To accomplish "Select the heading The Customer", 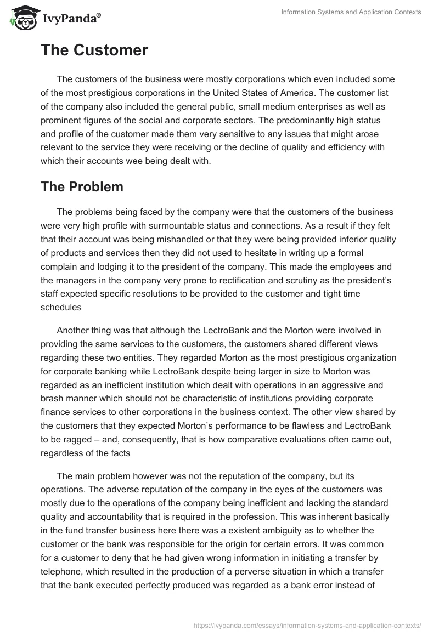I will tap(94, 50).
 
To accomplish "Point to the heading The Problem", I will tap(82, 186).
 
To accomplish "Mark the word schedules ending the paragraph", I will tap(61, 307).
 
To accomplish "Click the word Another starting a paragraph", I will tap(74, 330).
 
